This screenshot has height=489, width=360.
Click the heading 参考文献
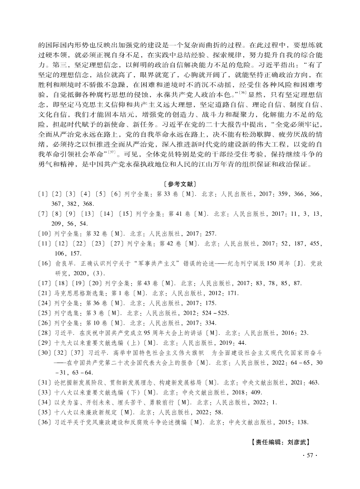click(x=180, y=184)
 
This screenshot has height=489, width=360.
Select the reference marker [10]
click(x=44, y=233)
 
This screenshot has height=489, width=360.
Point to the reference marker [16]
click(x=44, y=263)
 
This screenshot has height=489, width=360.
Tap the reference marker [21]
click(x=44, y=293)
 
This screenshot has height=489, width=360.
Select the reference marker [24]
click(x=44, y=303)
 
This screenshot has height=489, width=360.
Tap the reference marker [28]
click(x=44, y=333)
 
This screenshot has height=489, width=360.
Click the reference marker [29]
click(x=44, y=343)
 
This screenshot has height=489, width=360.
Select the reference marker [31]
click(x=44, y=383)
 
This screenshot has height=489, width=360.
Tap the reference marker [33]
click(x=44, y=393)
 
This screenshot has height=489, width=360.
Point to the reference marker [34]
click(x=44, y=403)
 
